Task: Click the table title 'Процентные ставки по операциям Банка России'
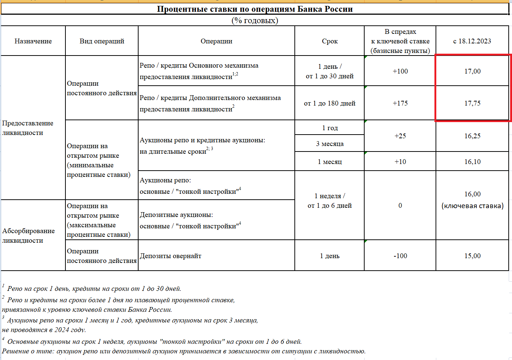pyautogui.click(x=255, y=9)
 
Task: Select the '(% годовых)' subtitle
pyautogui.click(x=255, y=21)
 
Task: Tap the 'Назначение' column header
pyautogui.click(x=33, y=41)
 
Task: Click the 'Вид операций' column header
pyautogui.click(x=102, y=41)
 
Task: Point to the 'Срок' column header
pyautogui.click(x=330, y=41)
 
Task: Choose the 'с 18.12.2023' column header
pyautogui.click(x=472, y=41)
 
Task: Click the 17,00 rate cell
pyautogui.click(x=472, y=71)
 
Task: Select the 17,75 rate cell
pyautogui.click(x=472, y=103)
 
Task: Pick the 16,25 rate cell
pyautogui.click(x=472, y=136)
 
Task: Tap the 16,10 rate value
pyautogui.click(x=472, y=162)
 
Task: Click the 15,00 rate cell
pyautogui.click(x=472, y=256)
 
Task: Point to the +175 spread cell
pyautogui.click(x=400, y=103)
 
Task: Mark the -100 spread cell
pyautogui.click(x=400, y=256)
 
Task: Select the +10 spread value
pyautogui.click(x=400, y=162)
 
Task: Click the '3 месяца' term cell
pyautogui.click(x=330, y=144)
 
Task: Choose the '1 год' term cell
pyautogui.click(x=330, y=128)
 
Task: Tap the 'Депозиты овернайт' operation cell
pyautogui.click(x=171, y=256)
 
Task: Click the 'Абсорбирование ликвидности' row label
pyautogui.click(x=28, y=236)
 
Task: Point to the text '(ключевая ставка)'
pyautogui.click(x=472, y=206)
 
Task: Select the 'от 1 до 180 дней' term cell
pyautogui.click(x=330, y=103)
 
